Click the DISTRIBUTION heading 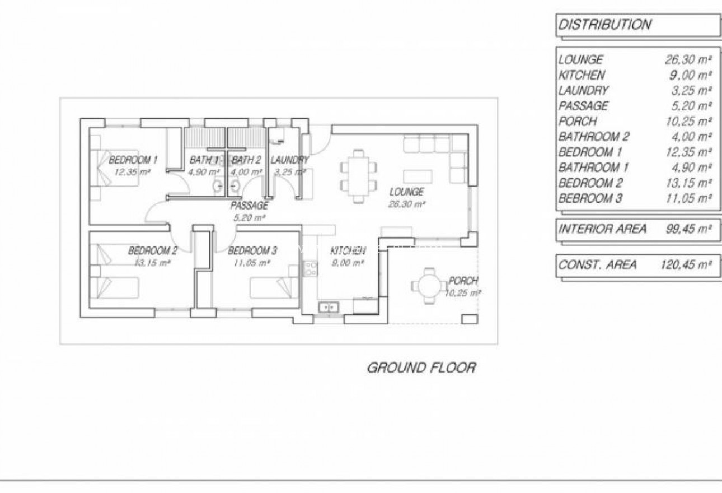[604, 25]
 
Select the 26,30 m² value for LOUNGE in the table [688, 59]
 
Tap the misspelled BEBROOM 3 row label [590, 198]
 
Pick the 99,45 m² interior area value [688, 229]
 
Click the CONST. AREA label [597, 265]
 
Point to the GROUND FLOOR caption [421, 368]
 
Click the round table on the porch [429, 286]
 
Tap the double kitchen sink [329, 307]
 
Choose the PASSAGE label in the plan [250, 206]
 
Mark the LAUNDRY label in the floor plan [289, 160]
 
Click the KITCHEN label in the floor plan [348, 250]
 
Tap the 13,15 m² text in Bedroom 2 [152, 262]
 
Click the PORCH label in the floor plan [463, 281]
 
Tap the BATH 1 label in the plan [204, 160]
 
